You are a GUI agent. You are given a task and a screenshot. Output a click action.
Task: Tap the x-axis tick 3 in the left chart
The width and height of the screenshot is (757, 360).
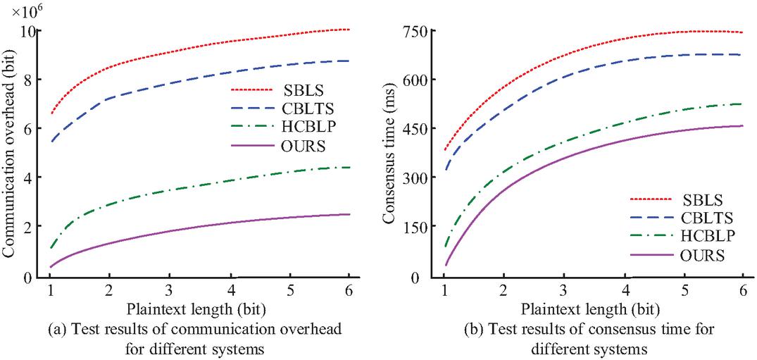pos(170,290)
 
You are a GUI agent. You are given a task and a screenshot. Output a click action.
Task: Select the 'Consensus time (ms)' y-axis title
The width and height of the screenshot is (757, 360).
pos(389,155)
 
